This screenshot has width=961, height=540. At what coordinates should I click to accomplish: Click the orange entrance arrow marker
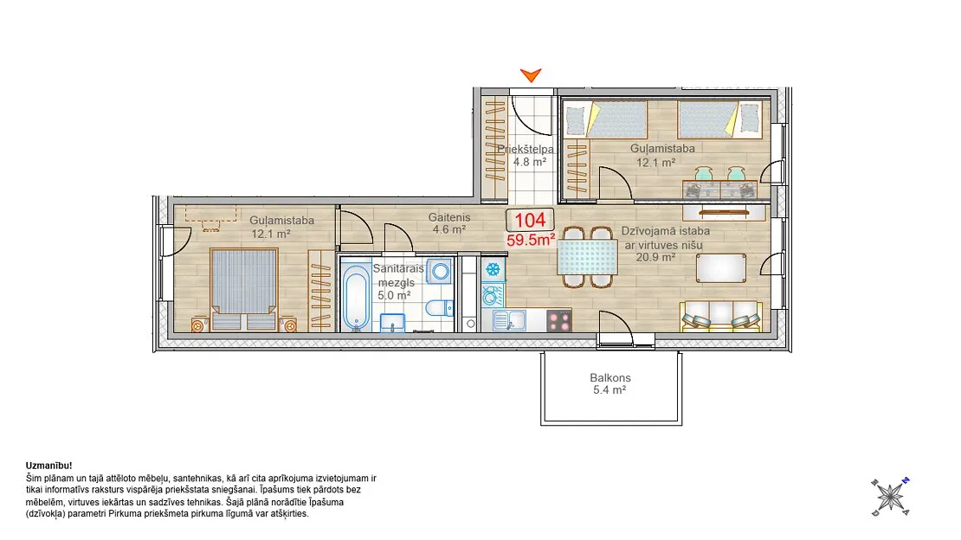click(x=531, y=75)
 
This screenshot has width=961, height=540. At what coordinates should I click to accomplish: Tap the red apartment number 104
click(x=530, y=220)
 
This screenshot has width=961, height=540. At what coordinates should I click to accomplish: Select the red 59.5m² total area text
click(x=531, y=240)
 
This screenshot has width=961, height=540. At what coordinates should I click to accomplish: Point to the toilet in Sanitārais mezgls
click(x=439, y=307)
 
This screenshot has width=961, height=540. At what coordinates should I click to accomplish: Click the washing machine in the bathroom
click(x=440, y=271)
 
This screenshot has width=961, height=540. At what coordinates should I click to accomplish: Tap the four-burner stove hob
click(x=559, y=320)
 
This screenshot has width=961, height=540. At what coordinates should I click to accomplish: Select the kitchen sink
click(x=509, y=320)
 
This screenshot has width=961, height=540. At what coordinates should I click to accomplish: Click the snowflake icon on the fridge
click(x=493, y=269)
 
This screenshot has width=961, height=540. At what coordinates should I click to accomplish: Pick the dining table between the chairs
click(x=587, y=257)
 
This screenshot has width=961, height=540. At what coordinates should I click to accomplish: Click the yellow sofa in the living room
click(x=720, y=318)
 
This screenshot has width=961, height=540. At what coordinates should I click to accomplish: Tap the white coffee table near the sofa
click(x=721, y=268)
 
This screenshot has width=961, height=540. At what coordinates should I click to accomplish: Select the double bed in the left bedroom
click(x=244, y=289)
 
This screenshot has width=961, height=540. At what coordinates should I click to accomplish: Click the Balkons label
click(x=610, y=378)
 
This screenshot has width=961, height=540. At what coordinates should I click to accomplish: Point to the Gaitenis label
click(x=449, y=217)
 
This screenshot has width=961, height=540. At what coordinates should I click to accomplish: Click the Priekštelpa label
click(x=526, y=149)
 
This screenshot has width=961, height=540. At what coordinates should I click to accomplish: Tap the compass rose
click(x=890, y=497)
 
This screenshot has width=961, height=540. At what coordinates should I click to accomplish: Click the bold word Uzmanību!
click(x=49, y=466)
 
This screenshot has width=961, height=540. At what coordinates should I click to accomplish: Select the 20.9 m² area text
click(x=655, y=257)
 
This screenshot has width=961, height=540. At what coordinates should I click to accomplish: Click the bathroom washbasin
click(x=392, y=323)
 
